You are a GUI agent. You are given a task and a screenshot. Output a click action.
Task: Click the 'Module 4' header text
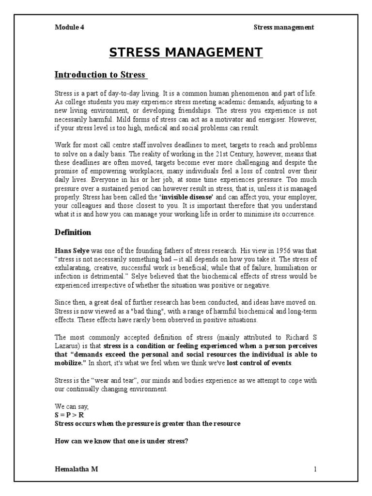(x=69, y=27)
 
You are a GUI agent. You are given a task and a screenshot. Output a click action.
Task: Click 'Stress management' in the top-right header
(x=284, y=27)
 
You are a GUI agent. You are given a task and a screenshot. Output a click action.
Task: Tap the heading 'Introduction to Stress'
(x=100, y=75)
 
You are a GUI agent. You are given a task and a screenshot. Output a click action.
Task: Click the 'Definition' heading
(x=73, y=232)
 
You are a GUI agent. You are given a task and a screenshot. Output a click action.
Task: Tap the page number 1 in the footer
(x=315, y=469)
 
